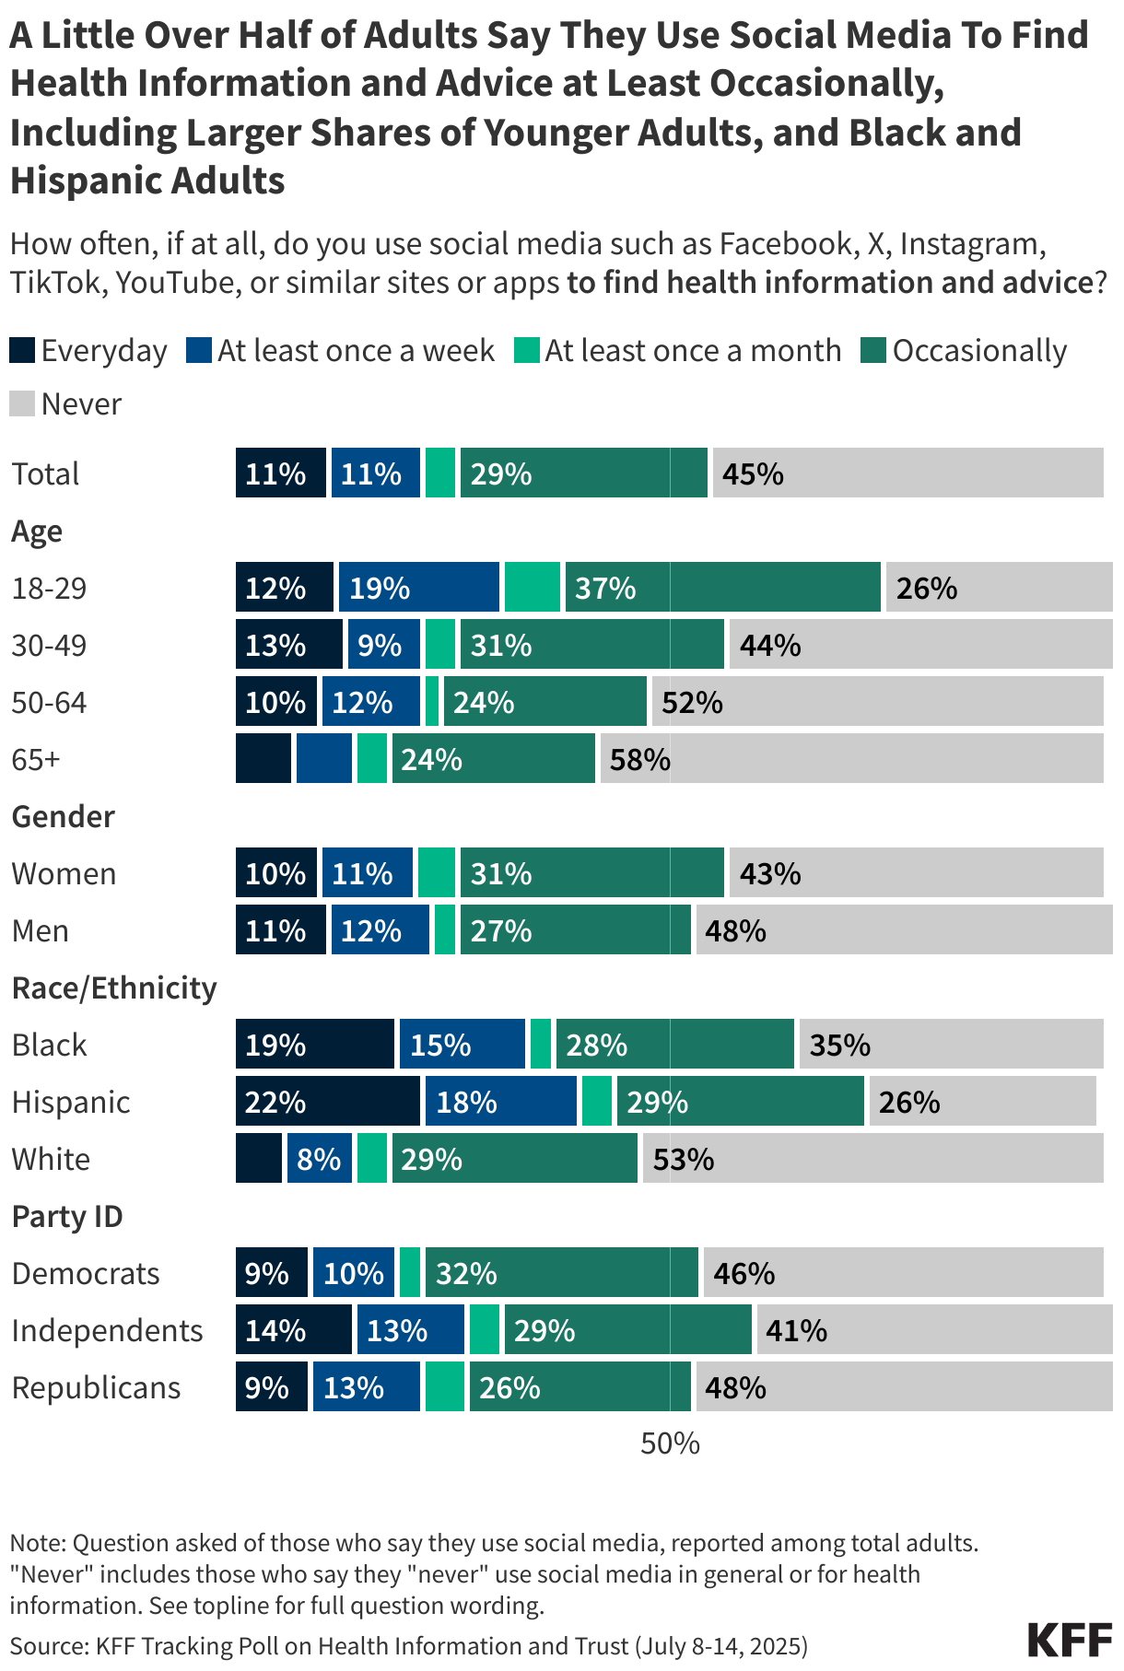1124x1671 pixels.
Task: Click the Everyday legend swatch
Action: [23, 351]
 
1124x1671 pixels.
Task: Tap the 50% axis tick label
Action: [670, 1443]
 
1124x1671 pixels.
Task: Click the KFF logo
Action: [1070, 1641]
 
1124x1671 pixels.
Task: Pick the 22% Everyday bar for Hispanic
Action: [327, 1102]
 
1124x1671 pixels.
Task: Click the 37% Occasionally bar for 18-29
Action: [722, 588]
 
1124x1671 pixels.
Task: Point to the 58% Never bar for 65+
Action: [851, 759]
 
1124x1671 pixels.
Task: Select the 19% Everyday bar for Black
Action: [314, 1045]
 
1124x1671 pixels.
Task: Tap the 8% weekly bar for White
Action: [319, 1159]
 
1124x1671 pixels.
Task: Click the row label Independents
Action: [107, 1330]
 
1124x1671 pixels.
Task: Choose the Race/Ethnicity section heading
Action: [114, 987]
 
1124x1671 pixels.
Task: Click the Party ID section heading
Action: [67, 1216]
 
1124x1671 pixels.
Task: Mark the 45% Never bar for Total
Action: [907, 473]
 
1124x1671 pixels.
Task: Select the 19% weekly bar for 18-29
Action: [418, 588]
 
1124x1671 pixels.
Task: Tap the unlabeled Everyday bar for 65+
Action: [263, 759]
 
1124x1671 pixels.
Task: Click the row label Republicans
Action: [96, 1387]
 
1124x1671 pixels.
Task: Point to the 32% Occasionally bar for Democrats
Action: [561, 1273]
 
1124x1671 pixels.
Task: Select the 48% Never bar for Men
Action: [904, 930]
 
